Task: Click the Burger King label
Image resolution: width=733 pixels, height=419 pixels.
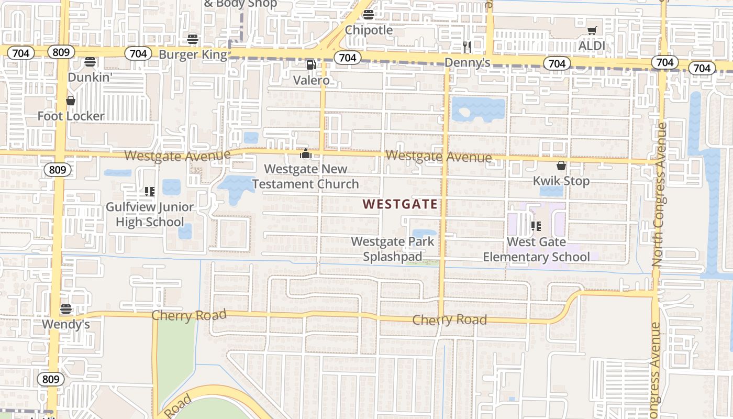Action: [x=193, y=54]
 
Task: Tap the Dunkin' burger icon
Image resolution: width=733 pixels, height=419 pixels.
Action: [x=90, y=62]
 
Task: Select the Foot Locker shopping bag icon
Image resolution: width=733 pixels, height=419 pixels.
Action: [x=71, y=101]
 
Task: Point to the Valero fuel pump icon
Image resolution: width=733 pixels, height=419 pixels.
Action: [x=311, y=65]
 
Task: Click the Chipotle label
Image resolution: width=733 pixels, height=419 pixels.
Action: [x=369, y=30]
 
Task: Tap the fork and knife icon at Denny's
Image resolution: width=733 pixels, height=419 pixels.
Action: [x=467, y=47]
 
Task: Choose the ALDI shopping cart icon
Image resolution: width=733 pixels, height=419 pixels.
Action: [x=592, y=30]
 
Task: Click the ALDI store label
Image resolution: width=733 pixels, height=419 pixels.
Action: [x=592, y=46]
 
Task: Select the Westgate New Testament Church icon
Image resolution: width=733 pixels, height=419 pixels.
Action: [x=305, y=154]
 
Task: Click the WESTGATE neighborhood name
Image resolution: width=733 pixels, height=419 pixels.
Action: [x=401, y=204]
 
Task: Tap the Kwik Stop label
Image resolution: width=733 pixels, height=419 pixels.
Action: [x=561, y=181]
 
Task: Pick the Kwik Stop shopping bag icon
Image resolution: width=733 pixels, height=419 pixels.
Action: [x=561, y=166]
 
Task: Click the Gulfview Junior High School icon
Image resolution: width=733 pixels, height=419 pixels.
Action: [x=150, y=192]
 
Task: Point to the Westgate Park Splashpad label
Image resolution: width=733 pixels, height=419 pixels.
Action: [x=393, y=249]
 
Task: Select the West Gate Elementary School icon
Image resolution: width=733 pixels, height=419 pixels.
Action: [x=536, y=226]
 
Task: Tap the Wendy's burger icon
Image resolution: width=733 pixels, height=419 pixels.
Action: [x=66, y=309]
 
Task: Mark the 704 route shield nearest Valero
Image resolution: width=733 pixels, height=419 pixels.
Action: [x=347, y=58]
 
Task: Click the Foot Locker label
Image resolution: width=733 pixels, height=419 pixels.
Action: [x=71, y=116]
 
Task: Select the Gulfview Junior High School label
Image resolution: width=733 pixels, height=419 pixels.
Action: [x=150, y=215]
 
